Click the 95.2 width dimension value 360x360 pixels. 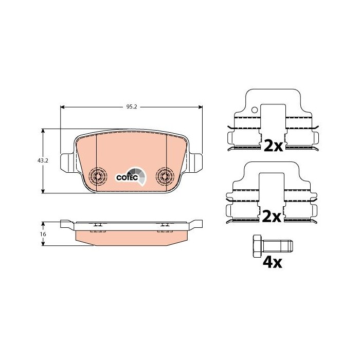131,107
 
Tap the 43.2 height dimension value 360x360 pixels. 43,160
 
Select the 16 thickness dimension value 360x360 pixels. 43,234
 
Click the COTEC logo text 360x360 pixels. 127,178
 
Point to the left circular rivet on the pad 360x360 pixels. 98,177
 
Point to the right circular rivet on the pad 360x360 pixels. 165,176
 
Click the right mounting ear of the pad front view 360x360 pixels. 195,163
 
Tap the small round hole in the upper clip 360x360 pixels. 255,110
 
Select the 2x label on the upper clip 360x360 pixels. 273,146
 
